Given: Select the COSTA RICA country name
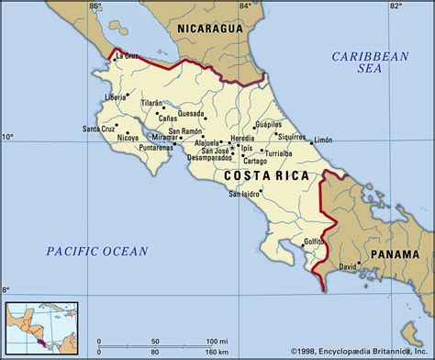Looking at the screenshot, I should [265, 174].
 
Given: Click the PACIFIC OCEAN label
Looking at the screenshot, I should [96, 250].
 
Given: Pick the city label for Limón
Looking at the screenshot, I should [323, 140].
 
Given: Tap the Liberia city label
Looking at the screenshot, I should [115, 96].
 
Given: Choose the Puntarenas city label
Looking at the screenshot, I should [157, 146].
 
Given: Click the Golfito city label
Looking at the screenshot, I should [313, 242].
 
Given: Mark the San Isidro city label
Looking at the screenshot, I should [244, 195].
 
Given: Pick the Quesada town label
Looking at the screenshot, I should [191, 115].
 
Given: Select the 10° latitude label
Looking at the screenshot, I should [7, 137].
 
